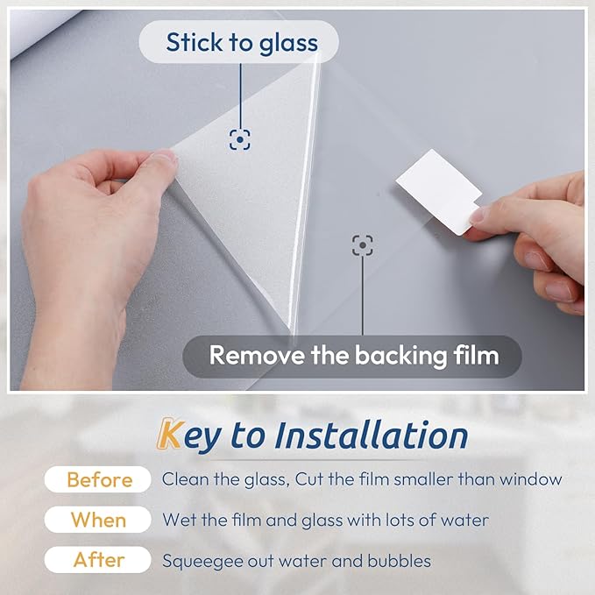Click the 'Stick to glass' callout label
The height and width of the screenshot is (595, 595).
coord(239,42)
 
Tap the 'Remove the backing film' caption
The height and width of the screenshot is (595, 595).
coord(353,356)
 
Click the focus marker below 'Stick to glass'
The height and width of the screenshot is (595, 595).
coord(239,138)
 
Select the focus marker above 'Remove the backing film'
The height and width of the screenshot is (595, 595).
coord(362,245)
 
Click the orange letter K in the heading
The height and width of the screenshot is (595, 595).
coord(169,435)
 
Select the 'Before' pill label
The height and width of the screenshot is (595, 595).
coord(99,479)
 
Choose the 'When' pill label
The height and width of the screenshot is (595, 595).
coord(99,520)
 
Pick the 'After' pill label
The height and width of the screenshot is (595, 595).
coord(99,560)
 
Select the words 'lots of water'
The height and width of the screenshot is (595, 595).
coord(442,520)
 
